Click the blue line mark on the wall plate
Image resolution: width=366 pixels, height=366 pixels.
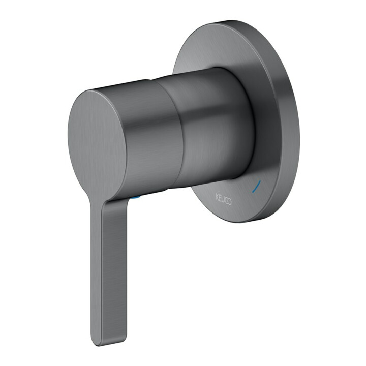pyautogui.click(x=257, y=186)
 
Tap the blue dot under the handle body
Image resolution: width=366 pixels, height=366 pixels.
pyautogui.click(x=136, y=198)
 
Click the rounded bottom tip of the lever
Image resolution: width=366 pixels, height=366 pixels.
pyautogui.click(x=98, y=344)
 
